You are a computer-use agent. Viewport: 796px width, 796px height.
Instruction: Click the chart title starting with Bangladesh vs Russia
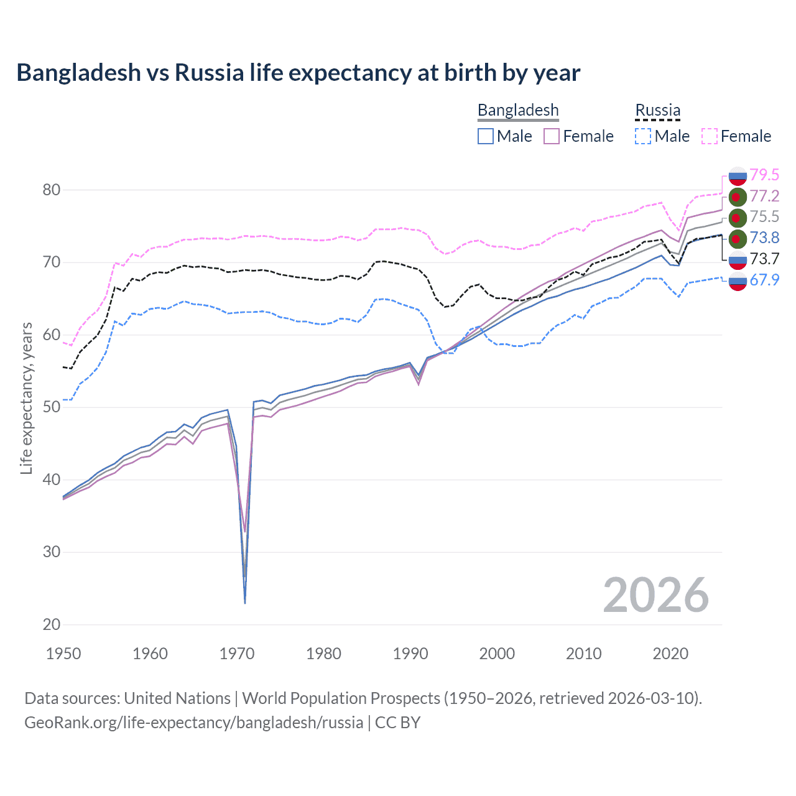coord(298,73)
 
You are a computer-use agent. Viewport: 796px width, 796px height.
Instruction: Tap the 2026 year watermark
coord(656,595)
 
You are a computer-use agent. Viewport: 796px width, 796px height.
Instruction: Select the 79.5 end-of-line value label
coord(764,175)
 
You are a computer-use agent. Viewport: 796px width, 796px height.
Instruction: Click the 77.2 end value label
coord(764,196)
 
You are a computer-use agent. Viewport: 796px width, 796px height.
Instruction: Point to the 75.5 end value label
coord(764,216)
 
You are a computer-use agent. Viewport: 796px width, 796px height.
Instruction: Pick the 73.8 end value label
coord(764,238)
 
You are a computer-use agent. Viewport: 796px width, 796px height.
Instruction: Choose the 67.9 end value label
coord(764,280)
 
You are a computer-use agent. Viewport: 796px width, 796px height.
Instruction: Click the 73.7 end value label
coord(764,259)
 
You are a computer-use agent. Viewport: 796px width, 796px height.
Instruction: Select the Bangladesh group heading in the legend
coord(518,110)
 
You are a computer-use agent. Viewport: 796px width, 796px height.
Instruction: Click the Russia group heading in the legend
coord(657,110)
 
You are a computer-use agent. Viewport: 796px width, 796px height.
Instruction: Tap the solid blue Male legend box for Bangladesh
coord(486,136)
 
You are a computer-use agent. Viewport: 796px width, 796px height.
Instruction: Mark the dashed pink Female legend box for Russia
coord(710,136)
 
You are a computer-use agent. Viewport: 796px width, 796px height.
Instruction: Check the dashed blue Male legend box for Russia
coord(643,136)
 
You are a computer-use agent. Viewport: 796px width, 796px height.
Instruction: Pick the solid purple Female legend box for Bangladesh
coord(552,136)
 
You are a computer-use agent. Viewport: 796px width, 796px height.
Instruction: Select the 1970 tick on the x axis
coord(237,654)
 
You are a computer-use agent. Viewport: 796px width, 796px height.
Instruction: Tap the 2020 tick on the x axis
coord(670,654)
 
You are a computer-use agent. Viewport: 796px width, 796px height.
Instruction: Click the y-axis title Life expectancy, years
coord(26,398)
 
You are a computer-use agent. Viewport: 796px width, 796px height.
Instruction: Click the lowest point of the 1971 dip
coord(245,603)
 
